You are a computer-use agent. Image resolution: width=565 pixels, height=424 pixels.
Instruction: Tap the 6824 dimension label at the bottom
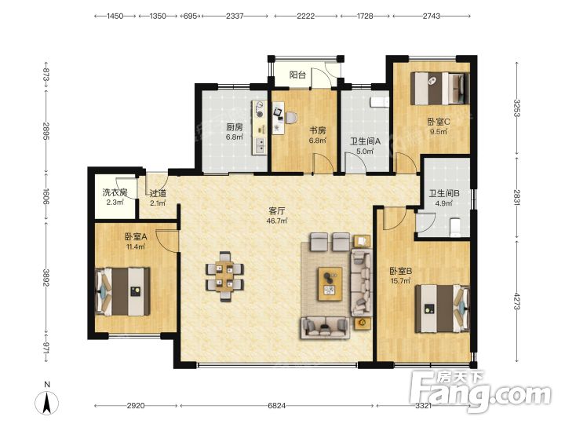point(277,406)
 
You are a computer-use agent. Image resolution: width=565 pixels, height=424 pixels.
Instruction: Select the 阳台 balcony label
point(297,75)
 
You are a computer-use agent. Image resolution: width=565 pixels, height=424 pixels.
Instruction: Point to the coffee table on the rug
point(330,283)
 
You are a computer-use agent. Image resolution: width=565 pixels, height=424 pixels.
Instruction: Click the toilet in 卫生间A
point(380,101)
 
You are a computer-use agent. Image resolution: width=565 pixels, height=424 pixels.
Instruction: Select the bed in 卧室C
point(440,88)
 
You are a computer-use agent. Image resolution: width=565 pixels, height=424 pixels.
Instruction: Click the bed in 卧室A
point(122,291)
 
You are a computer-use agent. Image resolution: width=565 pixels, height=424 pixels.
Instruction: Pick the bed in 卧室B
point(443,309)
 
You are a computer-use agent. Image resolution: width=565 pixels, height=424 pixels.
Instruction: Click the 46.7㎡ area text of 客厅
point(277,221)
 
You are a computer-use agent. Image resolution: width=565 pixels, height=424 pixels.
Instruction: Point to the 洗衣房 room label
point(115,192)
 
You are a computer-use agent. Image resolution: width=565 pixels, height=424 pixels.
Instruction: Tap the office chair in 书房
point(291,117)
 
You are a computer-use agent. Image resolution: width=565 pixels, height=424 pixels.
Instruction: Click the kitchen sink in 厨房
point(260,144)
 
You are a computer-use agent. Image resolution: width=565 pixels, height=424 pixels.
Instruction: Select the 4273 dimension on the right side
point(517,302)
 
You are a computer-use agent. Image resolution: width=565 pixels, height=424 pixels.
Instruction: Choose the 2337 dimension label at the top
point(235,16)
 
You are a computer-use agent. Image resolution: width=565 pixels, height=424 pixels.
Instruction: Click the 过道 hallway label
point(158,193)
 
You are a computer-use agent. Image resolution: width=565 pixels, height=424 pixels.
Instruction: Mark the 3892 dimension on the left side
point(46,278)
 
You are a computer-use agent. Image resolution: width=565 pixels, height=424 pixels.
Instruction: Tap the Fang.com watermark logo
point(481,391)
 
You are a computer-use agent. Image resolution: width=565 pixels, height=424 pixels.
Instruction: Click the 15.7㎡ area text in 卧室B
point(400,280)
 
